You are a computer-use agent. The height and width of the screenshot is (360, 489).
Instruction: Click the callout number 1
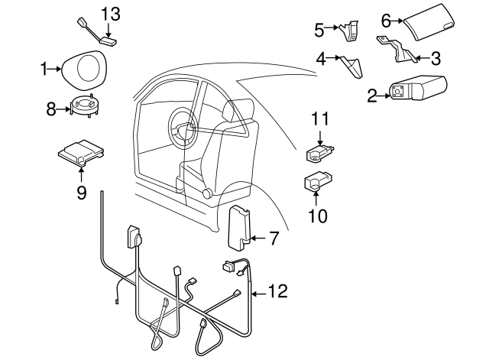(44, 69)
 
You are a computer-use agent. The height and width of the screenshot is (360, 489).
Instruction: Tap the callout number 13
(112, 13)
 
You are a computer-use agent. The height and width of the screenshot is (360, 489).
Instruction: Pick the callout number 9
(81, 191)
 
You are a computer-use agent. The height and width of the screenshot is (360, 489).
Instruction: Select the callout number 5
(319, 30)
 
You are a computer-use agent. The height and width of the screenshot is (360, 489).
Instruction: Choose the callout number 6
(386, 20)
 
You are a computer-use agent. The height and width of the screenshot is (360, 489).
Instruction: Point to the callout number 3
(436, 57)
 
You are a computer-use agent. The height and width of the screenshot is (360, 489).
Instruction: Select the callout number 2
(372, 96)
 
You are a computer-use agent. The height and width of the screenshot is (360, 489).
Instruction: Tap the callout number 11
(319, 118)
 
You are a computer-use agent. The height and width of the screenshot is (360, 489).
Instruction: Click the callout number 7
(274, 238)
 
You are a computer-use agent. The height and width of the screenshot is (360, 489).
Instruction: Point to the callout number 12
(277, 291)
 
